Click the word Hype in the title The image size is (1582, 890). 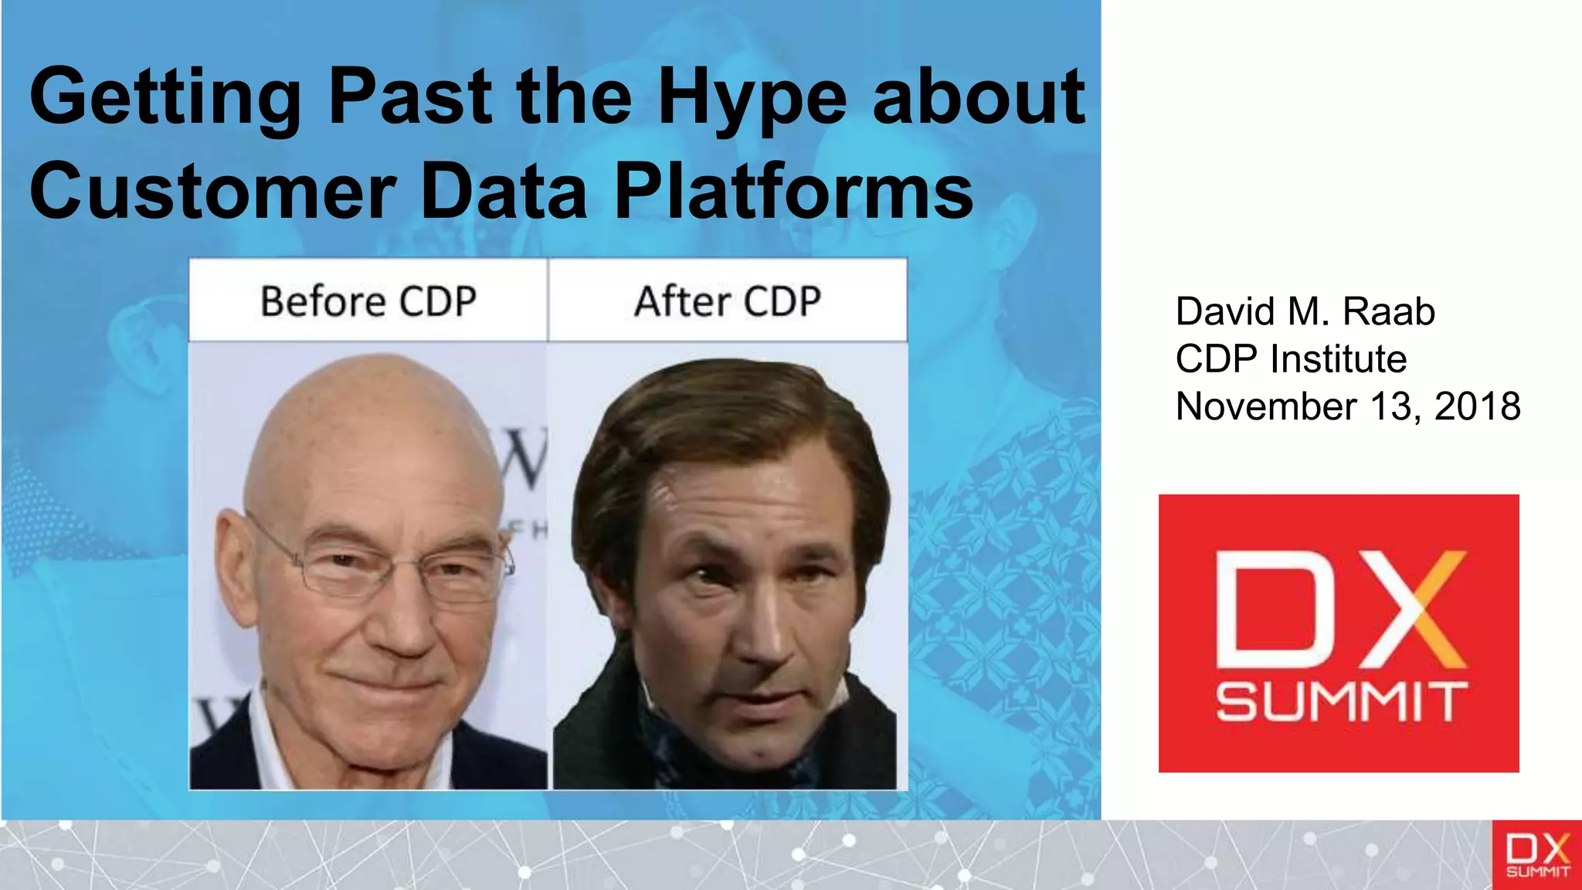[752, 99]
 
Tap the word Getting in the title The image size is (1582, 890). [165, 99]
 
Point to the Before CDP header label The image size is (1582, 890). [368, 301]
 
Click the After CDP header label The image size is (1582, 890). [727, 301]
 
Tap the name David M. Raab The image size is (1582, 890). [1305, 311]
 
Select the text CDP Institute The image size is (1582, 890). [1291, 359]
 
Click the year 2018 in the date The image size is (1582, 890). [1477, 406]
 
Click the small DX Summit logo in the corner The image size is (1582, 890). [1536, 854]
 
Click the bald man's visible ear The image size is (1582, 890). [232, 564]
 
